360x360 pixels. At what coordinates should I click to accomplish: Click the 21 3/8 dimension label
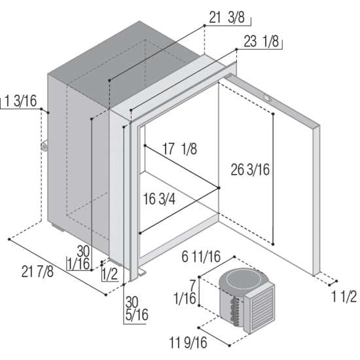point(226,18)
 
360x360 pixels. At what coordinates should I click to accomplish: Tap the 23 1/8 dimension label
point(261,41)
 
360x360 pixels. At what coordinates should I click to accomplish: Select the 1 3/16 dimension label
point(20,101)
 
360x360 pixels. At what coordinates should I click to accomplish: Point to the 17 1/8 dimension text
point(179,149)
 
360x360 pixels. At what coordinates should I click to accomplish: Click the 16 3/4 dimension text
point(159,199)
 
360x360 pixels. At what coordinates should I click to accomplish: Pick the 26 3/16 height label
point(250,170)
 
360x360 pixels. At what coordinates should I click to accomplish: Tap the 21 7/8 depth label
point(37,272)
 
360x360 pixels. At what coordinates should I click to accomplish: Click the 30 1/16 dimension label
point(79,258)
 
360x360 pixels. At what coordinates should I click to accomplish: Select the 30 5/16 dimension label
point(137,308)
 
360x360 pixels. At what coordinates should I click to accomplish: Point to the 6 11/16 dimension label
point(201,257)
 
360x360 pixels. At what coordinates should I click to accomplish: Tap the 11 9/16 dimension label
point(188,342)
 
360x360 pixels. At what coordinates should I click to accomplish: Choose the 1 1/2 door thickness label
point(344,297)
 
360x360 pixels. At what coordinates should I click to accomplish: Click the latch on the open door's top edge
point(267,98)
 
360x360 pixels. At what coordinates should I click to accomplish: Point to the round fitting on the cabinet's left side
point(44,146)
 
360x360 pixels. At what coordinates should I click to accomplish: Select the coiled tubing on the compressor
point(234,312)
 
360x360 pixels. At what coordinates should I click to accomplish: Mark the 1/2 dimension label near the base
point(110,274)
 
